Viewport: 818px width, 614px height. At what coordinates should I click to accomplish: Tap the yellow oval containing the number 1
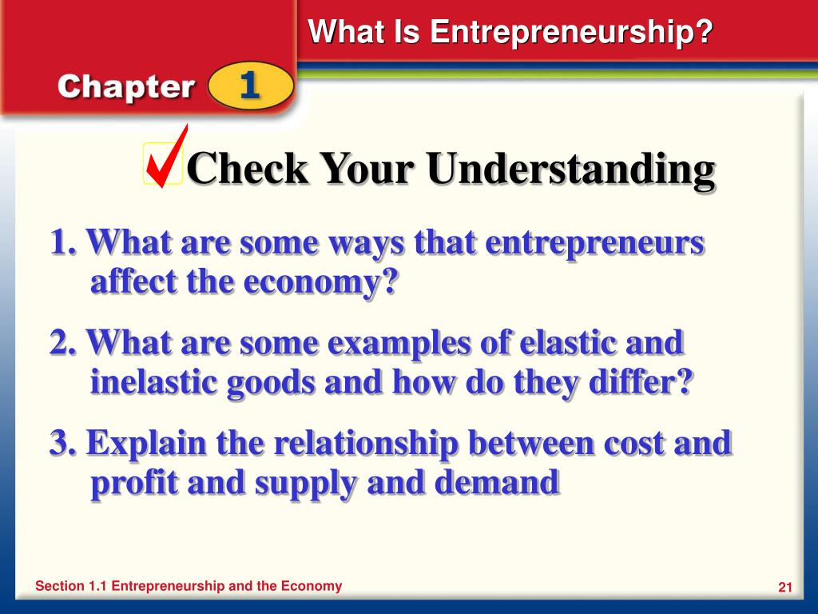coord(250,86)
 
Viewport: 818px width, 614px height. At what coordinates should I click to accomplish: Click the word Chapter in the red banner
coord(125,87)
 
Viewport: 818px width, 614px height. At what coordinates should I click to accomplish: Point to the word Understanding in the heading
coord(570,169)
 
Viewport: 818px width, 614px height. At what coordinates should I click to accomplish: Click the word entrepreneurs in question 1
coord(595,242)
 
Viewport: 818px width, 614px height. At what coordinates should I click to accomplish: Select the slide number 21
coord(784,588)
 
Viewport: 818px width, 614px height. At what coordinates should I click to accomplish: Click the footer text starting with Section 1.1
coord(189,586)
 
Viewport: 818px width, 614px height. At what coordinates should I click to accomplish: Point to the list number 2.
coord(62,343)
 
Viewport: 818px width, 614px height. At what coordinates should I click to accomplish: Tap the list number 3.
coord(62,443)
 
